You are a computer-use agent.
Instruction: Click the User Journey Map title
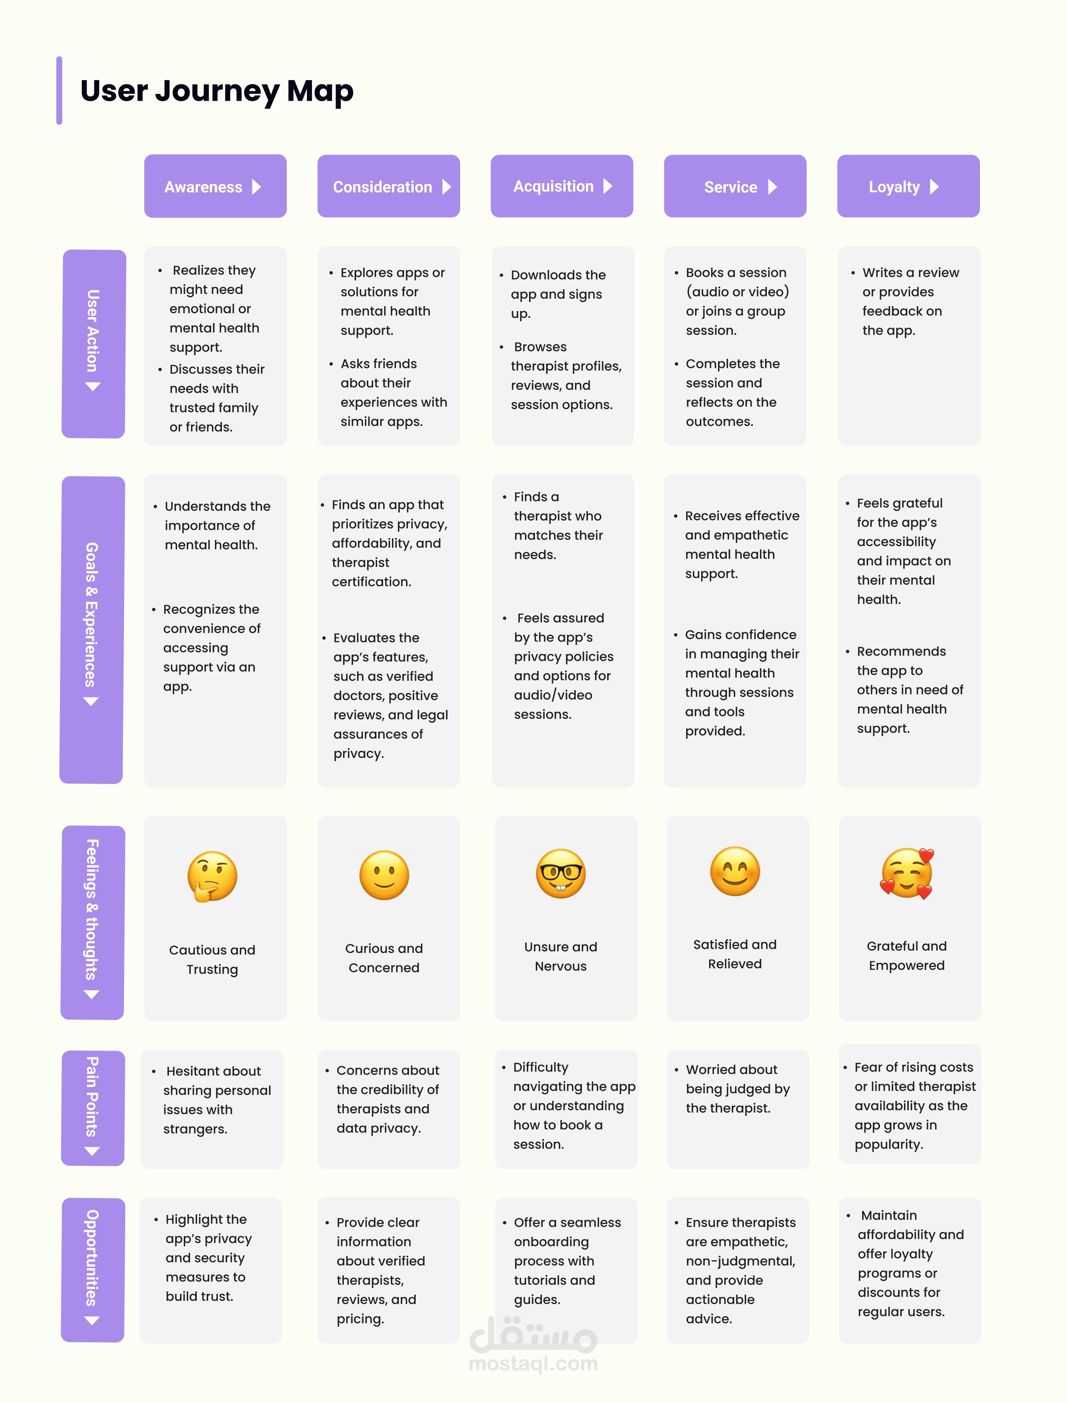217,91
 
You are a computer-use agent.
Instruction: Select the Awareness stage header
215,186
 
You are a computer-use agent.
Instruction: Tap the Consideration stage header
389,186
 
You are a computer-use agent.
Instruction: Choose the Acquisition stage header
562,186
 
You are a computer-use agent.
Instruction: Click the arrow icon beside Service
772,187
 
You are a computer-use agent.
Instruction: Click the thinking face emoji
212,876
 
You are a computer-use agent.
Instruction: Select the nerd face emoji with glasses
561,873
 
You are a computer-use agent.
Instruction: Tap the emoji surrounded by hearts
907,873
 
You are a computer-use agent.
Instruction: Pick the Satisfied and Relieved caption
735,954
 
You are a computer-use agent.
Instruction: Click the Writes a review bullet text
911,301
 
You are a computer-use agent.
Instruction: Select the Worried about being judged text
737,1089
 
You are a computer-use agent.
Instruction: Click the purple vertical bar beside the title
59,90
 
